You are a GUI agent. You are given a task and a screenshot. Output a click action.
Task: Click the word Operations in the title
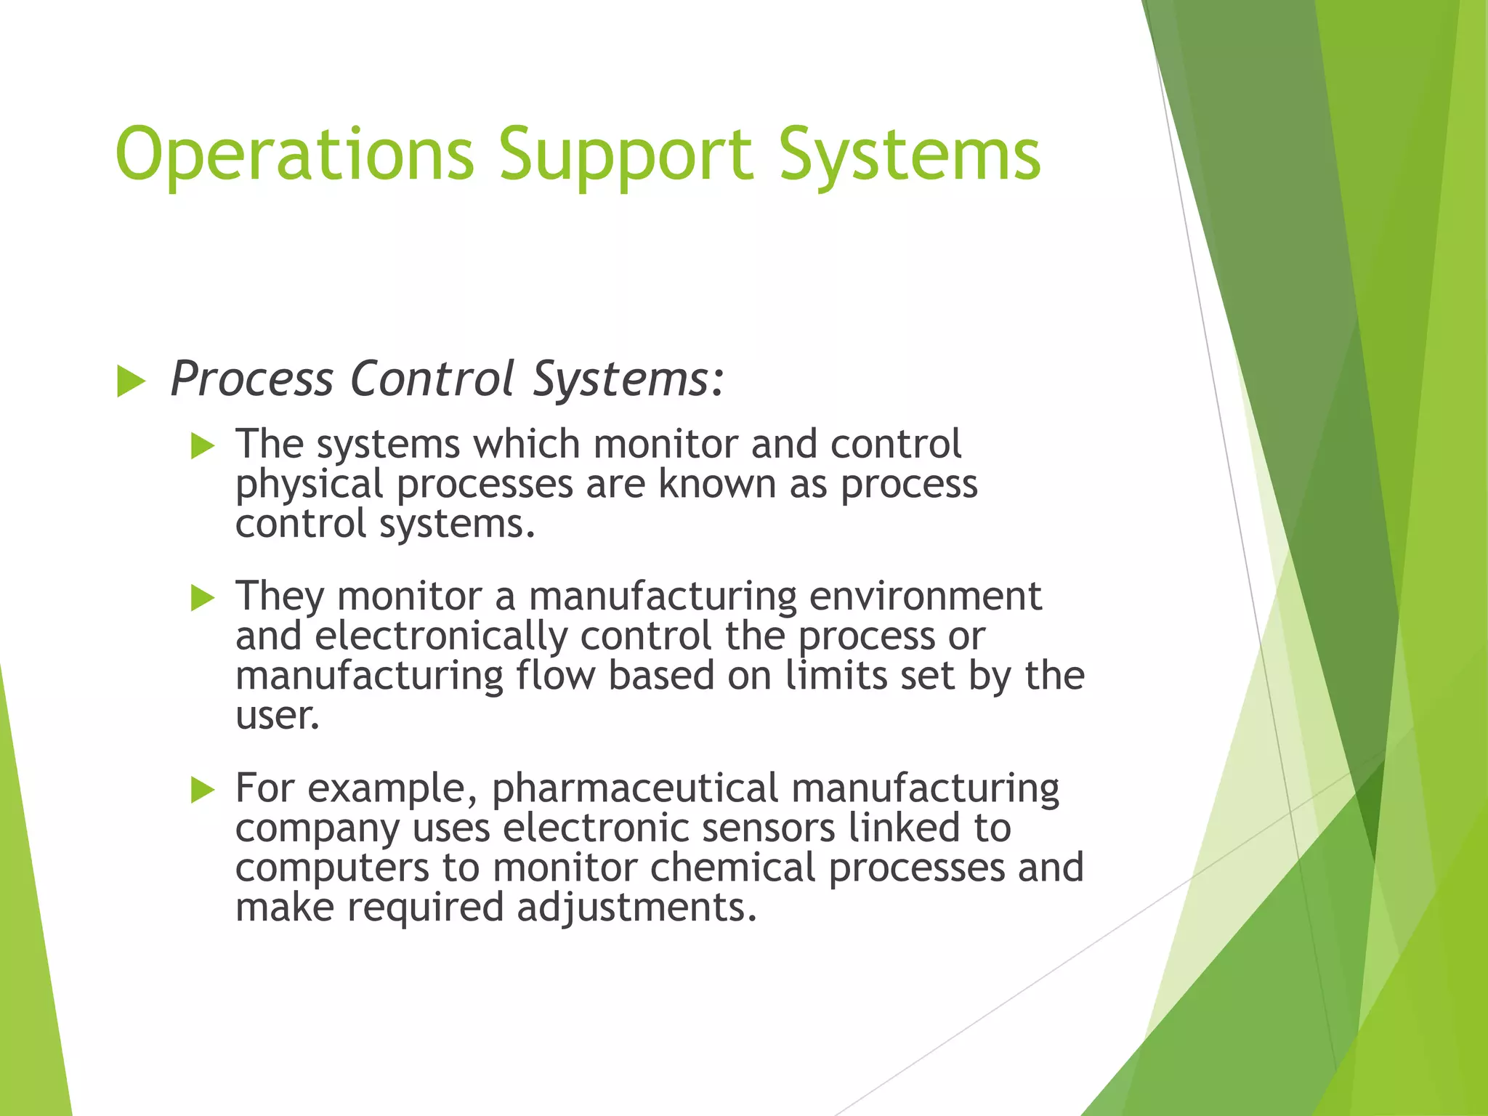coord(294,154)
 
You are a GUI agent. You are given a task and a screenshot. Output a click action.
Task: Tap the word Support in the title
coord(625,154)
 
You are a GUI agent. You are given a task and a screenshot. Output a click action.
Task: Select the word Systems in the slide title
coord(910,154)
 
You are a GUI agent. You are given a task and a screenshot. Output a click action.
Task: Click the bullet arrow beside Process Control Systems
coord(131,381)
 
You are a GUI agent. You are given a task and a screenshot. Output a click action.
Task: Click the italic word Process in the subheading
coord(251,379)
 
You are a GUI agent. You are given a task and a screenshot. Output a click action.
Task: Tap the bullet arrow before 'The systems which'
coord(203,445)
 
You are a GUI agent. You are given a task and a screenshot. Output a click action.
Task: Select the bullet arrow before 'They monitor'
coord(203,597)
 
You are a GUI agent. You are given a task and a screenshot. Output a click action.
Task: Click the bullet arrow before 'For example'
coord(203,789)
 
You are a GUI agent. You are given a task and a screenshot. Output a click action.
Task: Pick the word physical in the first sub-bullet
coord(309,485)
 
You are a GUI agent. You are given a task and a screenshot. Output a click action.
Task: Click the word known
coord(717,484)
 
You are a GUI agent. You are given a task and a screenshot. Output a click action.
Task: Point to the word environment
coord(925,596)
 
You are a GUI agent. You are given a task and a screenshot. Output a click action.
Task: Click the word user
coord(277,716)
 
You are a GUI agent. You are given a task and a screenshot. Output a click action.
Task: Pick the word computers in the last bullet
coord(332,868)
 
